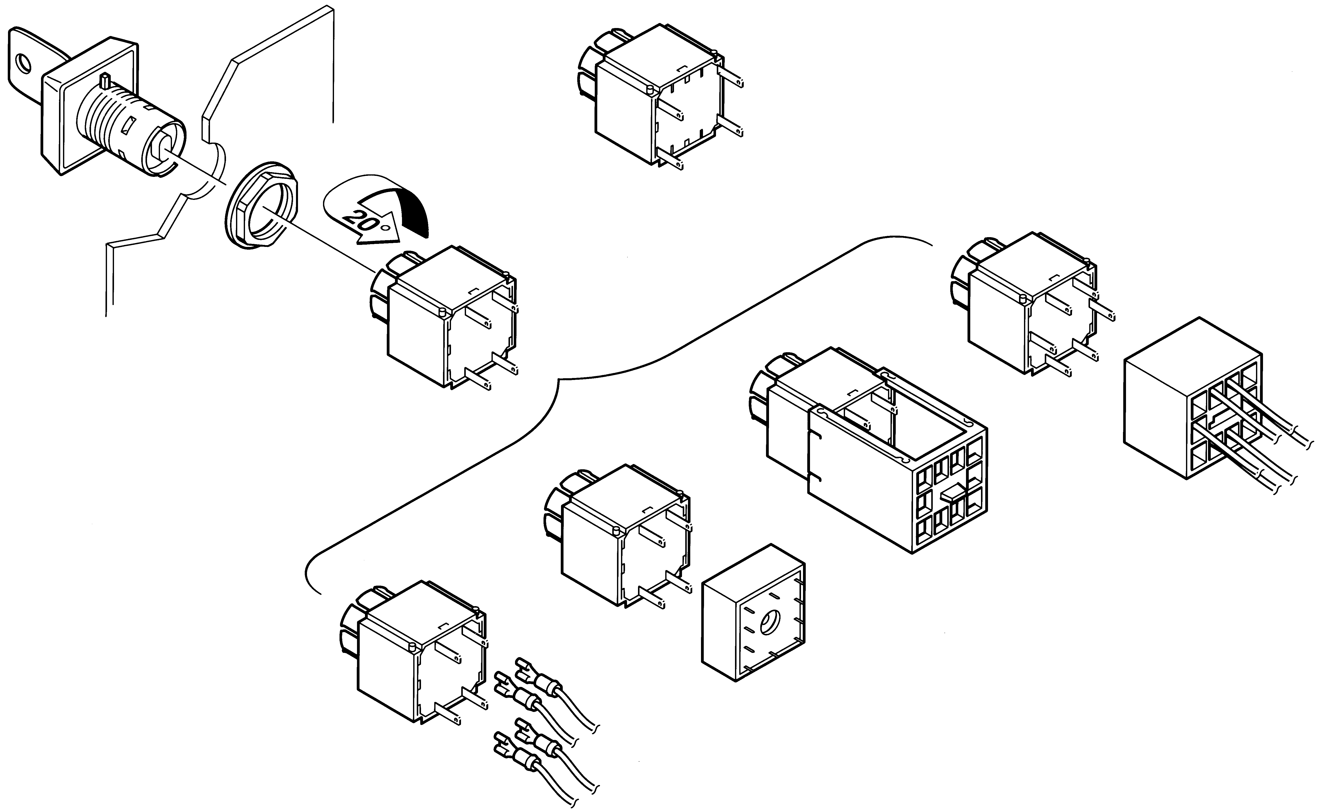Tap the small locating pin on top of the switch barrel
tap(104, 82)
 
